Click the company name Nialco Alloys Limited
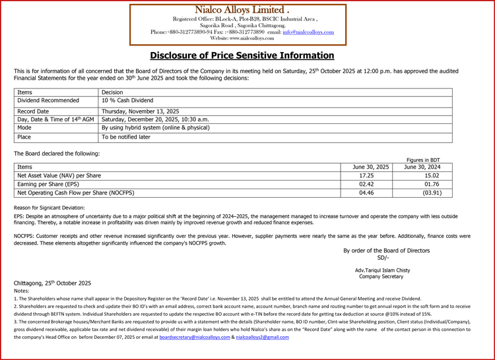point(242,10)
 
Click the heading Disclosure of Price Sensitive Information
point(242,55)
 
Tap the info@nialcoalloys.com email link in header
point(308,32)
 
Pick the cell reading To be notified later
point(126,137)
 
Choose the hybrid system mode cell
point(156,128)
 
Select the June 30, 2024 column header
point(422,167)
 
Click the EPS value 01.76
point(432,185)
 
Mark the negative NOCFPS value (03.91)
point(432,193)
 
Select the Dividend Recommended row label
point(48,101)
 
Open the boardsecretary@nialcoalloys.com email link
point(195,337)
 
